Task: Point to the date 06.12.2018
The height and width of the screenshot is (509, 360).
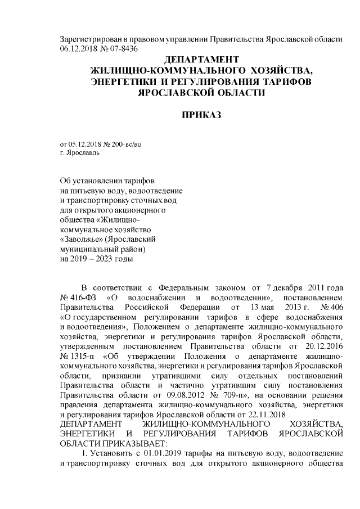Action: pos(78,48)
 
